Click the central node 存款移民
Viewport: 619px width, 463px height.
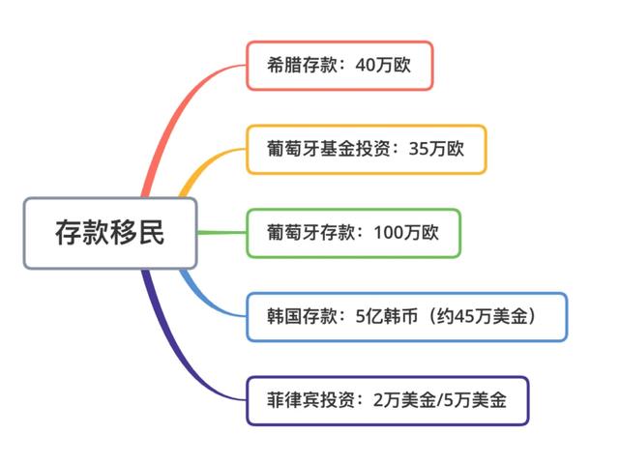[x=109, y=233]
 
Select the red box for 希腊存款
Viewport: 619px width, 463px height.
[x=339, y=66]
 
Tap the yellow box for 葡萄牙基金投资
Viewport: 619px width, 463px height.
[x=366, y=149]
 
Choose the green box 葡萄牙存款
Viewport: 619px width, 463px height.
[x=353, y=233]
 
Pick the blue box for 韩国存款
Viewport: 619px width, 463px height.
[x=406, y=316]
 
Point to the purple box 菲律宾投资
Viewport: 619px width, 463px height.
[x=387, y=400]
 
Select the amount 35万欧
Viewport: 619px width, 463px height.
[x=436, y=149]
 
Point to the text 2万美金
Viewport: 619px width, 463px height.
[x=405, y=400]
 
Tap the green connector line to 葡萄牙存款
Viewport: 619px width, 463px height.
[x=221, y=233]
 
